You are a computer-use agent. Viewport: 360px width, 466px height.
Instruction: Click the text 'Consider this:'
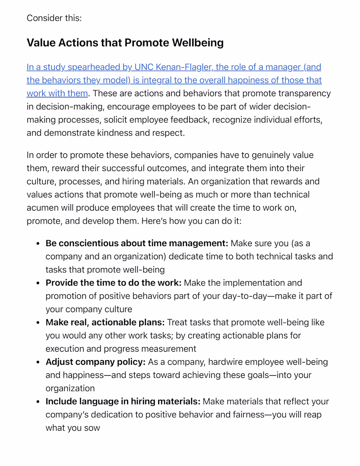[54, 18]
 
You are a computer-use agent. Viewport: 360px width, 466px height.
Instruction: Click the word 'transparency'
[304, 93]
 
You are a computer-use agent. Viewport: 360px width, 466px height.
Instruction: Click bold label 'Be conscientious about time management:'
[137, 244]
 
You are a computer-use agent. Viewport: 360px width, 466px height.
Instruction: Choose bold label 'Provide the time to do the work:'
[114, 283]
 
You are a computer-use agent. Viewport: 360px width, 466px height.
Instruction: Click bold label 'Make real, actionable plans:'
[105, 322]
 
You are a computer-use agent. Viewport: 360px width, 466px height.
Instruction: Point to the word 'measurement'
[169, 349]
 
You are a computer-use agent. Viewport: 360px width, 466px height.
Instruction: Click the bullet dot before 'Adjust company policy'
[38, 363]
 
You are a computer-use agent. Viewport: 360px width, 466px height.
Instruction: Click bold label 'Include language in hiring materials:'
[123, 402]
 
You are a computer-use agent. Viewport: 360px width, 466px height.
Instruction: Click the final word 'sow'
[92, 428]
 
